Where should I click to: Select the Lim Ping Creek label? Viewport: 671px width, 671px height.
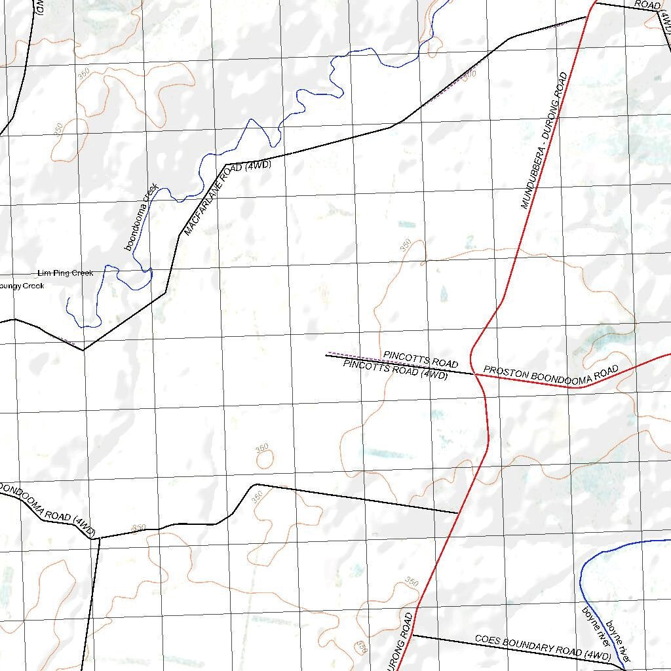click(x=66, y=273)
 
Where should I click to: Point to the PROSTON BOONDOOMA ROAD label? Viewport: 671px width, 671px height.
click(x=551, y=374)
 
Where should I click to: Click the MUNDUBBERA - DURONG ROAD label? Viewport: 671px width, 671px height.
click(x=543, y=141)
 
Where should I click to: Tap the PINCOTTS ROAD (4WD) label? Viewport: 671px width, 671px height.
click(x=396, y=370)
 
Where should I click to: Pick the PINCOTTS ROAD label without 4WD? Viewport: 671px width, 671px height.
click(x=421, y=358)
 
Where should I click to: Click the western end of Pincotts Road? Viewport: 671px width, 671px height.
click(x=327, y=355)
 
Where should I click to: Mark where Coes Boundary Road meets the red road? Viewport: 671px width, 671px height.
click(x=413, y=635)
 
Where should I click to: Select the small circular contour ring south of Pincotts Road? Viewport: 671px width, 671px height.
click(x=265, y=459)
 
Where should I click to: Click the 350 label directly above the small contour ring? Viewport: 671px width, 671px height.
click(x=262, y=448)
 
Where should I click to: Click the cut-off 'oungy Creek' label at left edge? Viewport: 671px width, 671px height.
click(x=22, y=286)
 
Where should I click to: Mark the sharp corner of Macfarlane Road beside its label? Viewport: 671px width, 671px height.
click(x=225, y=164)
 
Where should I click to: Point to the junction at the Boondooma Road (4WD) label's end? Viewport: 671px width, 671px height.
click(x=98, y=539)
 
